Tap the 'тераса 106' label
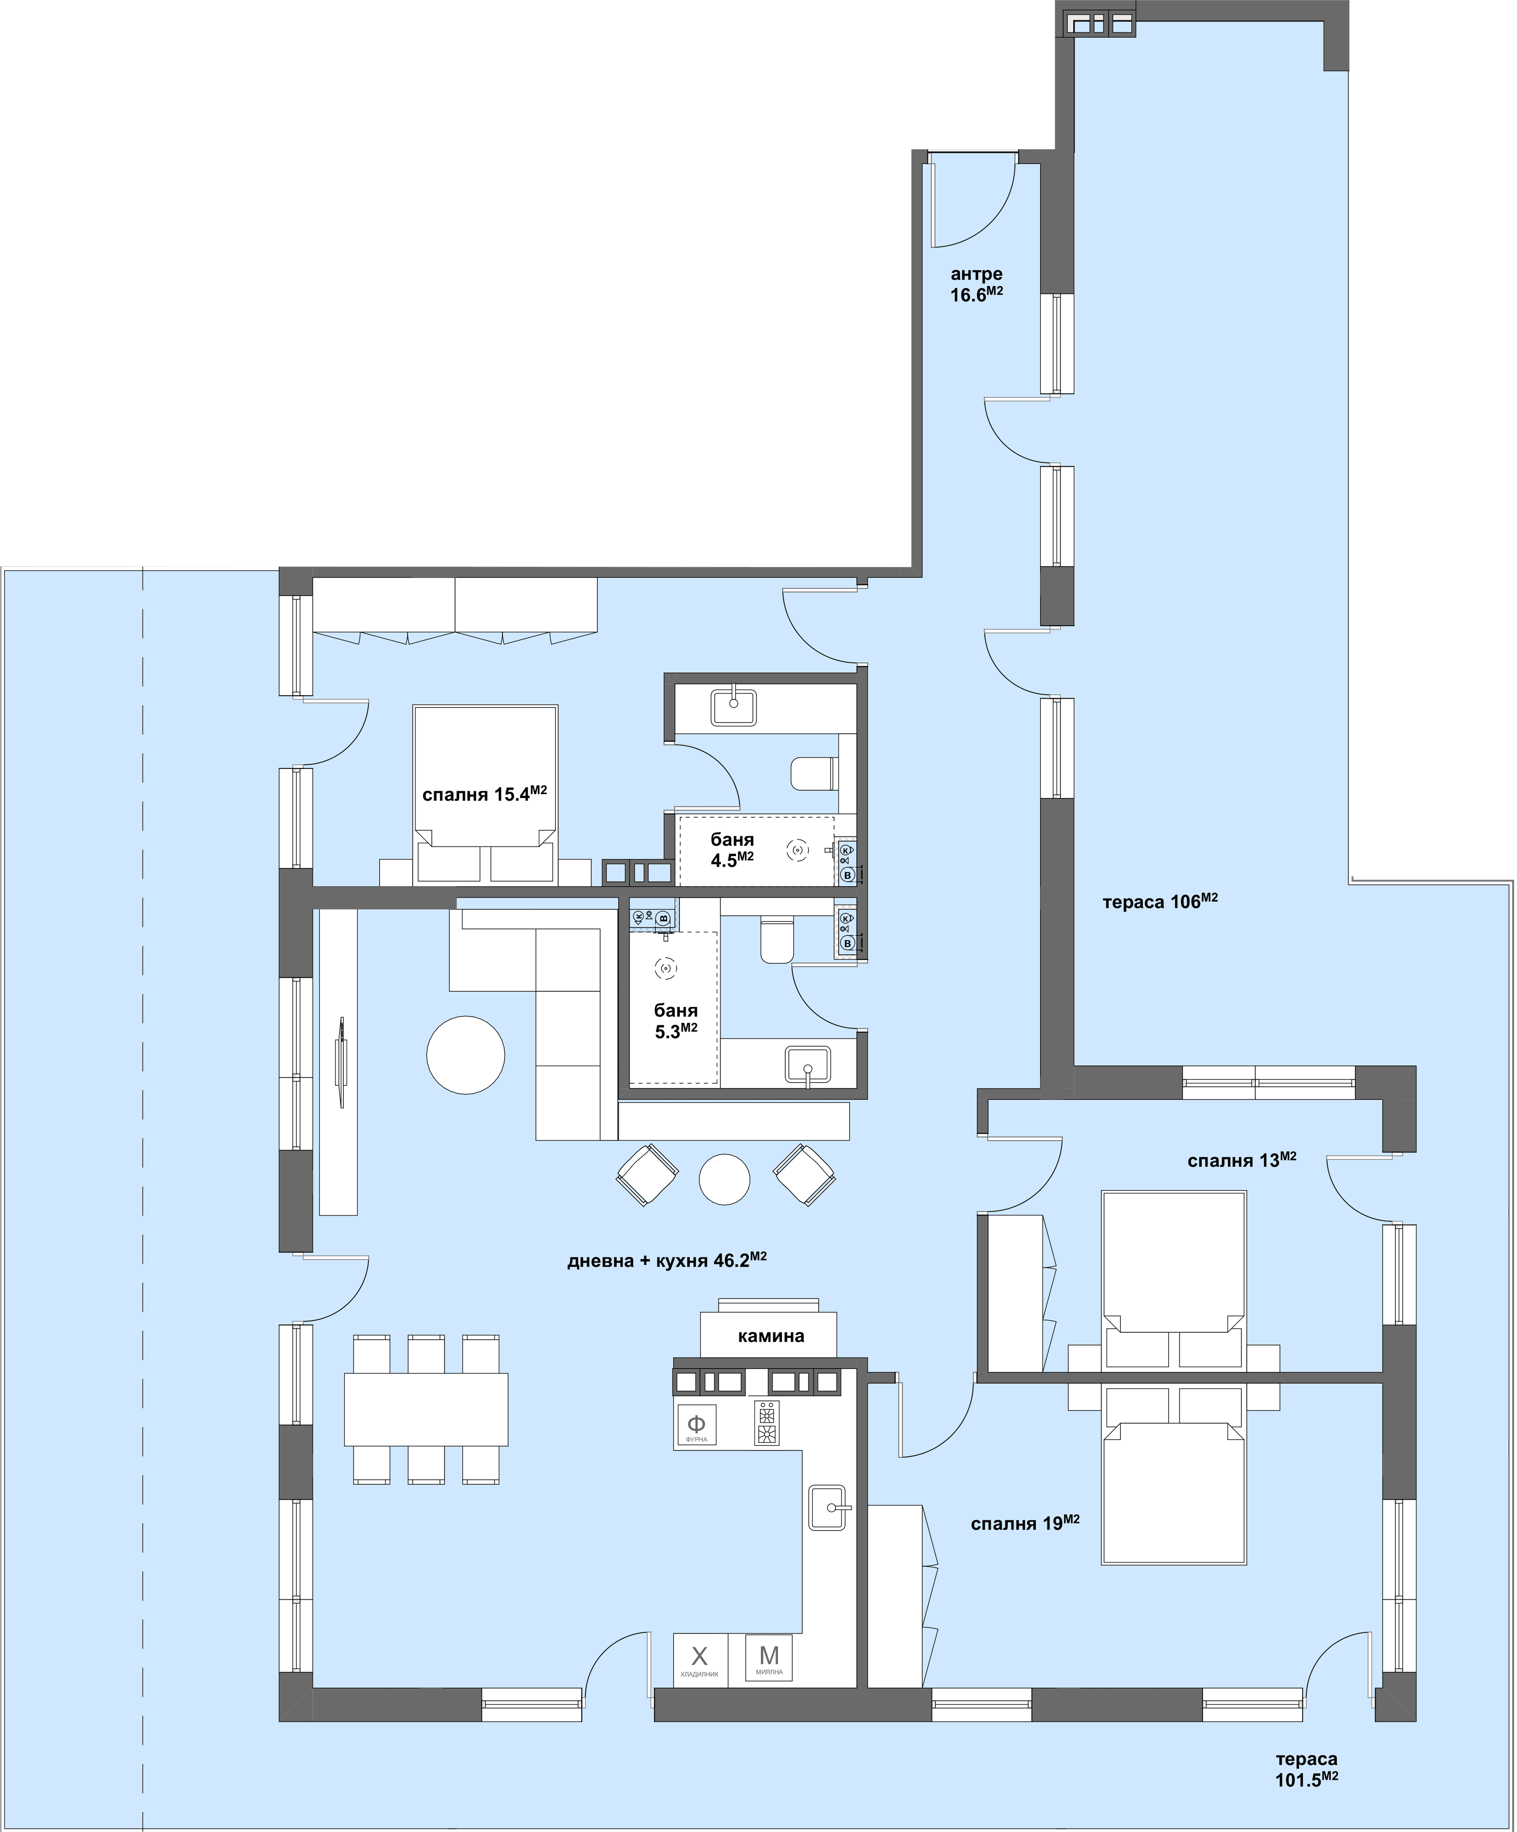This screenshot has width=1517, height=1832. (x=1159, y=901)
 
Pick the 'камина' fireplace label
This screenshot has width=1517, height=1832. (x=770, y=1336)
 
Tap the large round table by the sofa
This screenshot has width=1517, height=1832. (x=466, y=1055)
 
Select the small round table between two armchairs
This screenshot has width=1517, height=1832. (x=725, y=1179)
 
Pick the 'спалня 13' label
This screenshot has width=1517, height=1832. (x=1241, y=1160)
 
